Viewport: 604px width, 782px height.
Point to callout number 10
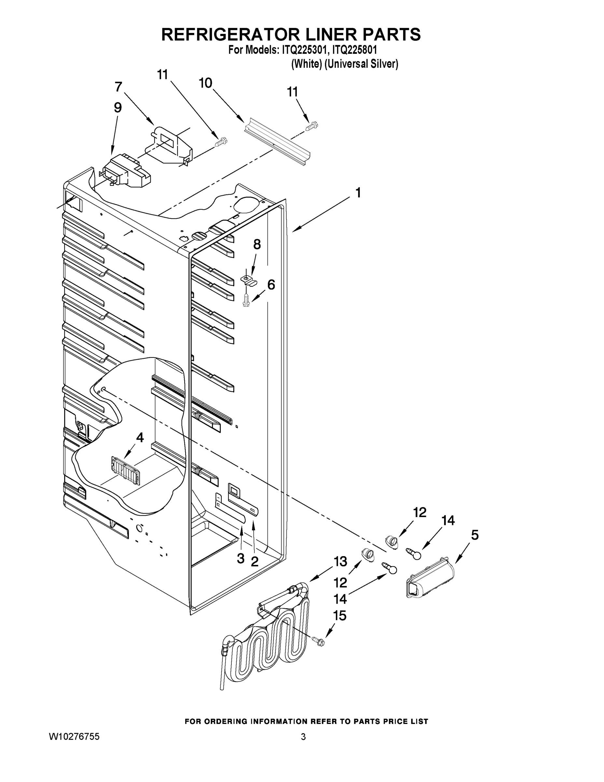coord(205,83)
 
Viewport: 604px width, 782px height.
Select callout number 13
coord(340,561)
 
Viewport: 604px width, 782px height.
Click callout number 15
coord(340,616)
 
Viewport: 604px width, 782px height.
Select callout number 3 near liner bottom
coord(241,558)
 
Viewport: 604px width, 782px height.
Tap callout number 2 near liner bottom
coord(254,561)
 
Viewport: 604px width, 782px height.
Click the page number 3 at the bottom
coord(303,737)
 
